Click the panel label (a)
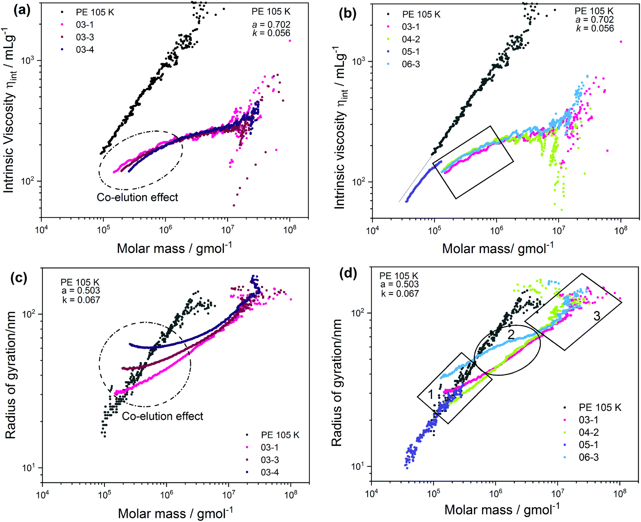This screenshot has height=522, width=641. coord(22,10)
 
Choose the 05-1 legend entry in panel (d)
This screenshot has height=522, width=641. coord(589,445)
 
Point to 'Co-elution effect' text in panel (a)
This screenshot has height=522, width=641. coord(137,197)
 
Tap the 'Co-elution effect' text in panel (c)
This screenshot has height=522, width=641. coord(163,416)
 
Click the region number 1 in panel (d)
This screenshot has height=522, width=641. coord(431,395)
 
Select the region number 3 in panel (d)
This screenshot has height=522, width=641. coord(597,316)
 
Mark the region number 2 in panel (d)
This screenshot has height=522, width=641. coord(511,334)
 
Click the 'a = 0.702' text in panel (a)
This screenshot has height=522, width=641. coord(271,25)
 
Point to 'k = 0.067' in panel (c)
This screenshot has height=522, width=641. coord(81,300)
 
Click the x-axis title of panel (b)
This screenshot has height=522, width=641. coord(498,248)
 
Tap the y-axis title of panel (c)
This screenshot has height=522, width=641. coord(11,375)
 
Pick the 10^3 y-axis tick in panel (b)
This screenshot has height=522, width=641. coord(358,61)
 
